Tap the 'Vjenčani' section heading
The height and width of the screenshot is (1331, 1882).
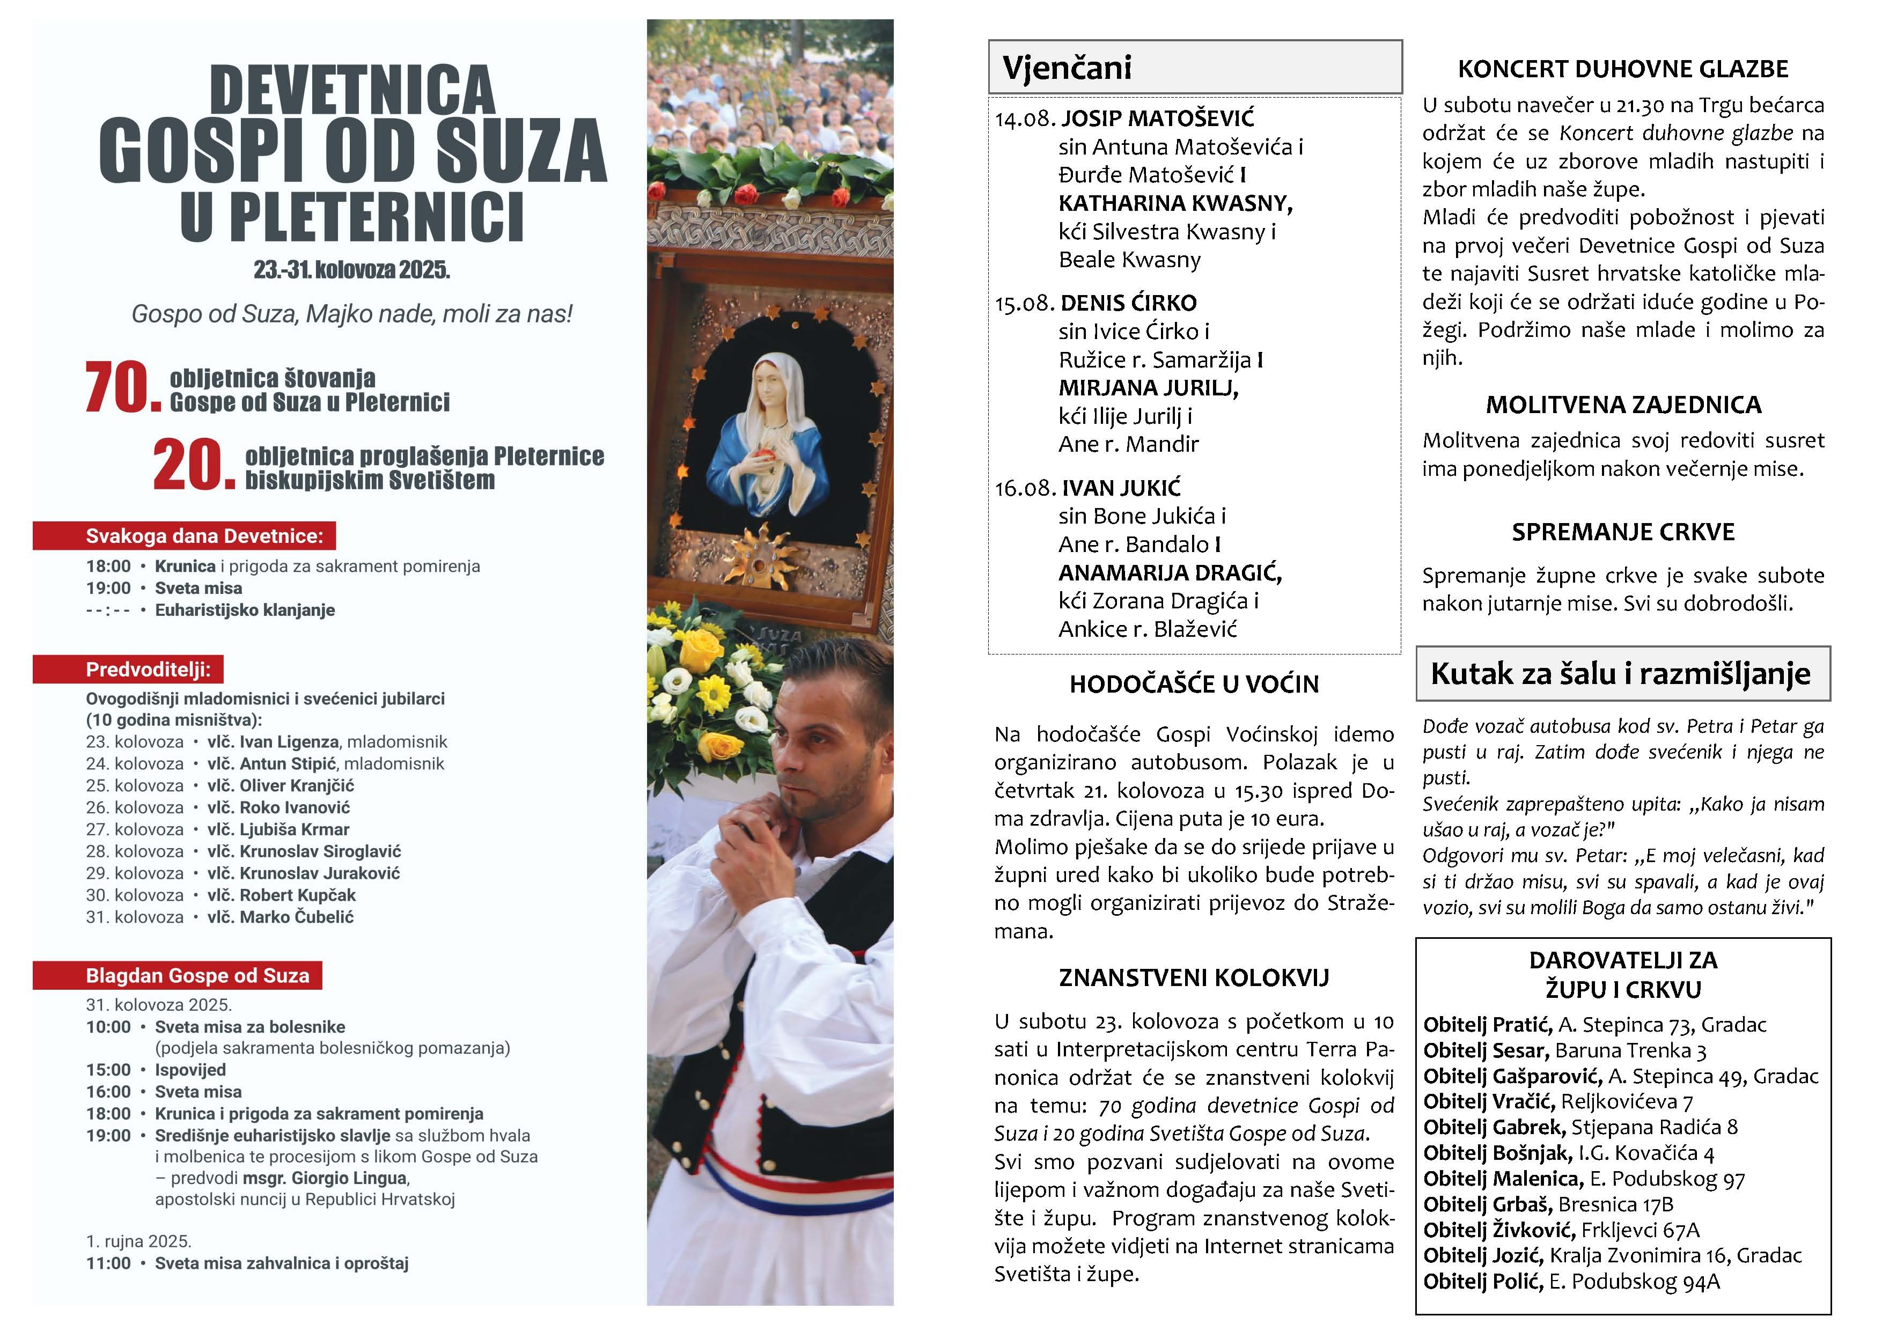click(x=1067, y=67)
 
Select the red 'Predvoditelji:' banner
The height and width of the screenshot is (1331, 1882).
click(x=128, y=670)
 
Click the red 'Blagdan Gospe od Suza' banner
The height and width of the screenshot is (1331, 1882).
click(x=177, y=975)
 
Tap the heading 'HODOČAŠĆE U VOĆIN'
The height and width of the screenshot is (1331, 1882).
click(x=1194, y=685)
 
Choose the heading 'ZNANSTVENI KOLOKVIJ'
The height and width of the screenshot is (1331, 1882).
click(x=1194, y=978)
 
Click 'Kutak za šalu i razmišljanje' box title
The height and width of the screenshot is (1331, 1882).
click(x=1621, y=674)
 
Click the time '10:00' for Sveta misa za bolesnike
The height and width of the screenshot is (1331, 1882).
click(x=108, y=1027)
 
